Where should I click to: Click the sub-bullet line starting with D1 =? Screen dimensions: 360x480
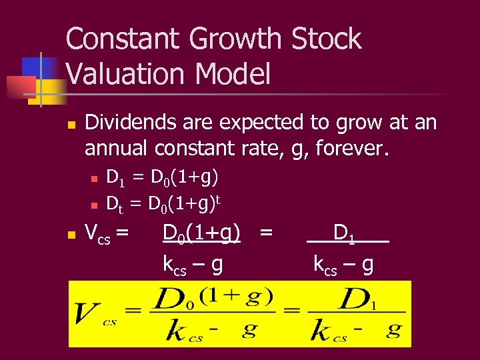(163, 177)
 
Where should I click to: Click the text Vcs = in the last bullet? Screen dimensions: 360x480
(107, 233)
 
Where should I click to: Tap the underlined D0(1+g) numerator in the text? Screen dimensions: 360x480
(201, 233)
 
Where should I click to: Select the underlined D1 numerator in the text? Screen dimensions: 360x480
(347, 233)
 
